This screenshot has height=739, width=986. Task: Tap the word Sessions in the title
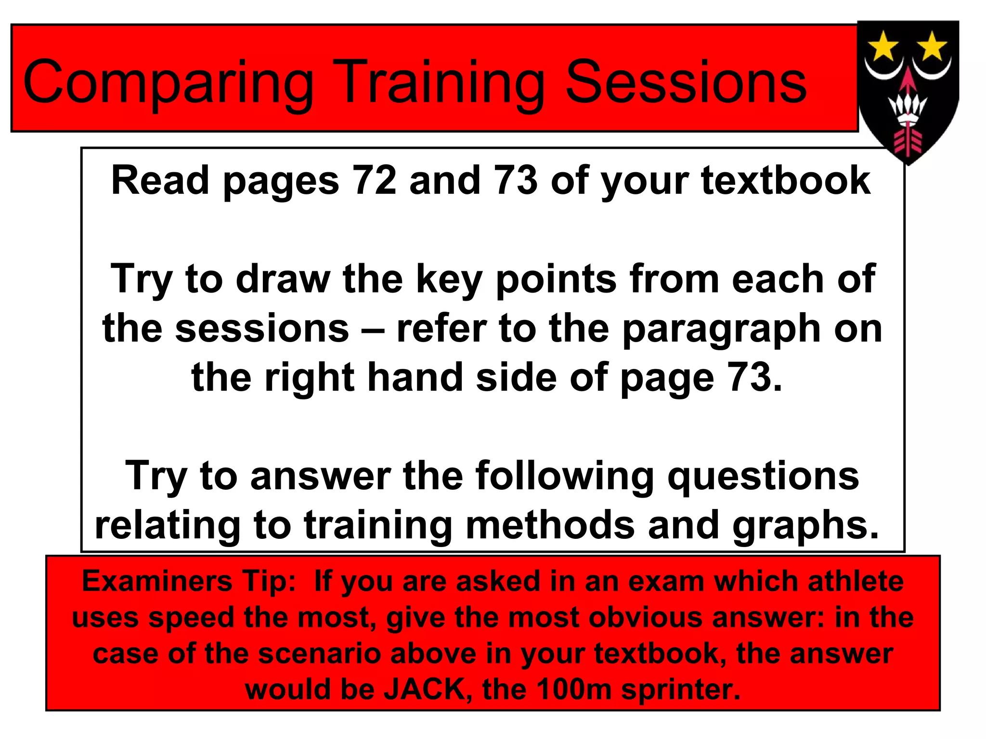pos(686,82)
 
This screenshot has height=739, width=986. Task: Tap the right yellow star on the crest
pos(932,46)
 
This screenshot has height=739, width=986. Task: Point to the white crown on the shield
pos(908,108)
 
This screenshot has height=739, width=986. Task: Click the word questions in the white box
pos(763,476)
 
